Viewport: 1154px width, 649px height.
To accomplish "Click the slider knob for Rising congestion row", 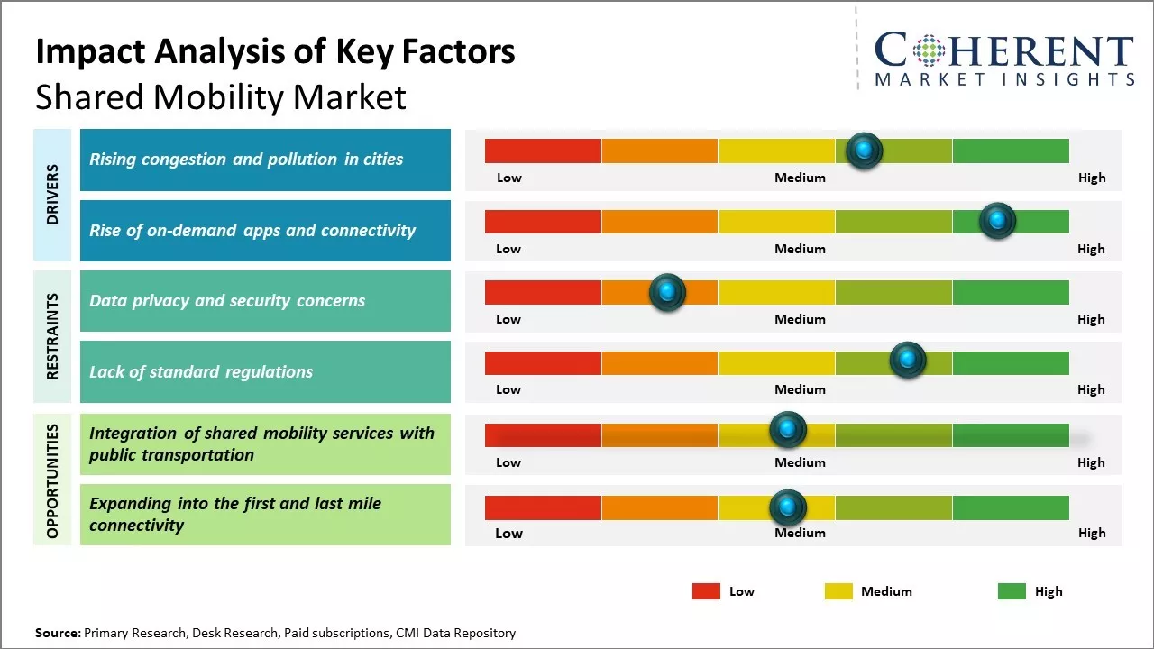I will tap(865, 151).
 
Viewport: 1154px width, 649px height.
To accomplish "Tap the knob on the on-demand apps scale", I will tap(997, 221).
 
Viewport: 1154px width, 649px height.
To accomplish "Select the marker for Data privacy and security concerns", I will tap(667, 292).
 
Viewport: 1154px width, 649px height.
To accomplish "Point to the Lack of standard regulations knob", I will tap(908, 361).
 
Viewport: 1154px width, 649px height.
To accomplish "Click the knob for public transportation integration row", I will tap(788, 430).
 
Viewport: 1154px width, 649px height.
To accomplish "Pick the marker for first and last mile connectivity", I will tap(788, 507).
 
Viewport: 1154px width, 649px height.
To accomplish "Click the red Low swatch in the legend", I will tap(706, 591).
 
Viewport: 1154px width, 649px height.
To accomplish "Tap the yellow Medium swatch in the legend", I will tap(838, 591).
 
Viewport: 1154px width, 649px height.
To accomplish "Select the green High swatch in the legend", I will tap(1012, 591).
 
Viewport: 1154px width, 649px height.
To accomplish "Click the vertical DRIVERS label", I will tap(52, 194).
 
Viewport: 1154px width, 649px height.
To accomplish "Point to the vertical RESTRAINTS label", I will tap(52, 335).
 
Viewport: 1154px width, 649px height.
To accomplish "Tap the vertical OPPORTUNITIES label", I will tap(52, 480).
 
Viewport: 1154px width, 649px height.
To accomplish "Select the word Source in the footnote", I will tap(57, 633).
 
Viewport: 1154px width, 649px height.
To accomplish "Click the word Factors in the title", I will tap(459, 52).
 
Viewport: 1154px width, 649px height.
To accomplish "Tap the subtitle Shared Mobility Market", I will tap(221, 97).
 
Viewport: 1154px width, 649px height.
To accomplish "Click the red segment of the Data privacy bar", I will tap(543, 292).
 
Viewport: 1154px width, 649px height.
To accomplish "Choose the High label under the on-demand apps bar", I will tap(1091, 249).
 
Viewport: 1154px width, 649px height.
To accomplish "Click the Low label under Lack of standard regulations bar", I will tap(508, 389).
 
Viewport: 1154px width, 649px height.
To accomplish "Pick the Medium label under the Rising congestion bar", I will tap(800, 178).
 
